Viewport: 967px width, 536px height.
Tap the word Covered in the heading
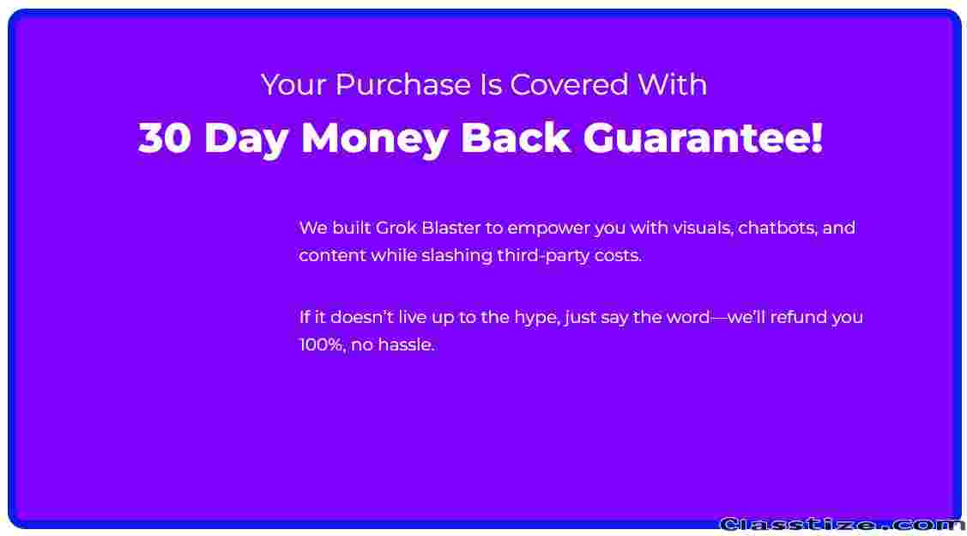point(569,84)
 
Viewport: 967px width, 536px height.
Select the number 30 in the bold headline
point(164,138)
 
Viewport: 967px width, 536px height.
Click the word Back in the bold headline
point(515,138)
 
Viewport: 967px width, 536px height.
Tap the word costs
point(619,256)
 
